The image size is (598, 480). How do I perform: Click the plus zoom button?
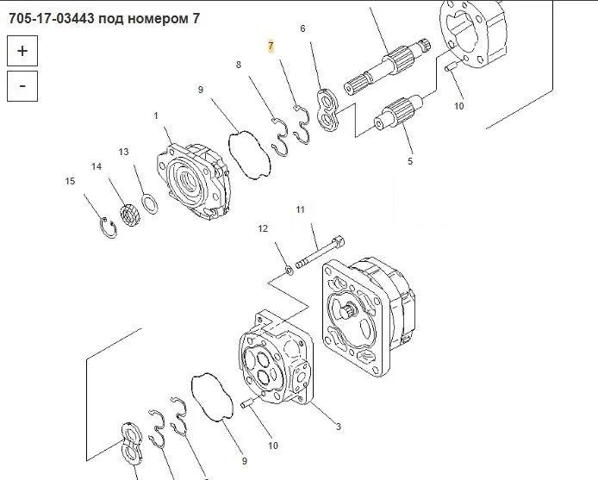coord(22,51)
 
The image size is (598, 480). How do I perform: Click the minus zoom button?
coord(22,86)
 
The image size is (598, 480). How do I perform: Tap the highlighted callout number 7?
coord(271,47)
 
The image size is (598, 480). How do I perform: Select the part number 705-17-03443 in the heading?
coord(51,18)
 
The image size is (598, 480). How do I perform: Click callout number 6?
coord(302,28)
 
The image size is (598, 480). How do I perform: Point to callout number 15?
coord(70,181)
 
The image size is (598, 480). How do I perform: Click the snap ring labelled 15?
coord(109,228)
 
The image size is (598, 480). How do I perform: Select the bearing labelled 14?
coord(130,215)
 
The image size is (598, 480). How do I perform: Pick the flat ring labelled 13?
coord(150,204)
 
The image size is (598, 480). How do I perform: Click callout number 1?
coord(156,115)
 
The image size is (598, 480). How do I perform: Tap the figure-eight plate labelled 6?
coord(327,110)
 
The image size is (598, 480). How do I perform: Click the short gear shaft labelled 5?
coord(398,112)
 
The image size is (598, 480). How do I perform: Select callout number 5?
coord(410,161)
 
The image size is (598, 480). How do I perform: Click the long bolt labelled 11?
coord(321,252)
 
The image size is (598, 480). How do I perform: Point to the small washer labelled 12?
coord(289,271)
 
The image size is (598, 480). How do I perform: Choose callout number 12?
coord(263,228)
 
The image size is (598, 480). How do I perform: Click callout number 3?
coord(339,427)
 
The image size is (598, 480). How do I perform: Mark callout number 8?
coord(239,65)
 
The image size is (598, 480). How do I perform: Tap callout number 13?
coord(123,152)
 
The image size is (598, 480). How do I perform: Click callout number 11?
coord(301,209)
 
